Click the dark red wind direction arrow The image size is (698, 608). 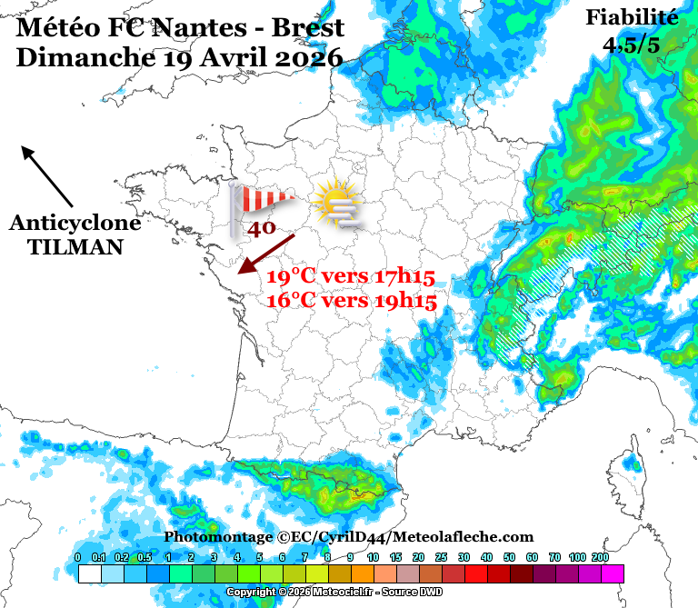coord(265,254)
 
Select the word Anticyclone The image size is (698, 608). coord(75,224)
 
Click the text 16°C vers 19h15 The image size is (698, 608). coord(352,301)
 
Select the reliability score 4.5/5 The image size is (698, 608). coord(632,44)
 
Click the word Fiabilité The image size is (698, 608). coord(632,17)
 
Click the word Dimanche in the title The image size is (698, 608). coord(84,57)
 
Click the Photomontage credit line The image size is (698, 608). coord(349,537)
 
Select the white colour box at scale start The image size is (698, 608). coord(89,573)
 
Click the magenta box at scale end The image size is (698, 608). coord(612,573)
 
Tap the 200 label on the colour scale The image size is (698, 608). coord(600,557)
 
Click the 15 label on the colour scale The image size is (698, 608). coord(395,557)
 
